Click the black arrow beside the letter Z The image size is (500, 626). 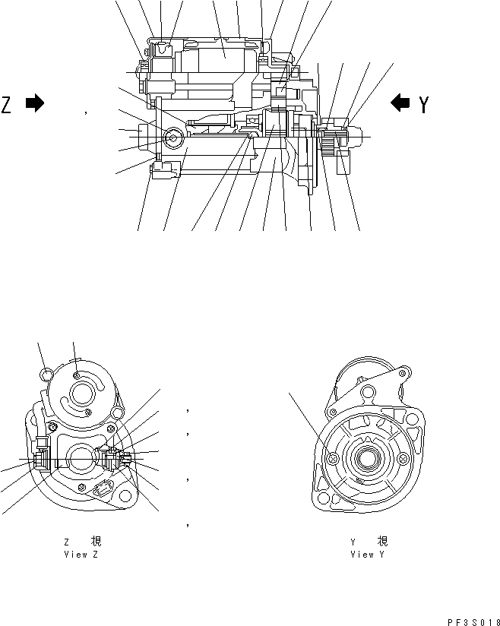[35, 103]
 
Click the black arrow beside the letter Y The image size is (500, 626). [400, 103]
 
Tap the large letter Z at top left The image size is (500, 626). [7, 104]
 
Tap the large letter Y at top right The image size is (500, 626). [423, 104]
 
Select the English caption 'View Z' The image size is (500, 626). [81, 555]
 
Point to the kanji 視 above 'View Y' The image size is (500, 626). [382, 542]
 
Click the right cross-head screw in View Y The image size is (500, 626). [403, 458]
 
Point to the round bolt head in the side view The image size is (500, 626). [172, 138]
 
